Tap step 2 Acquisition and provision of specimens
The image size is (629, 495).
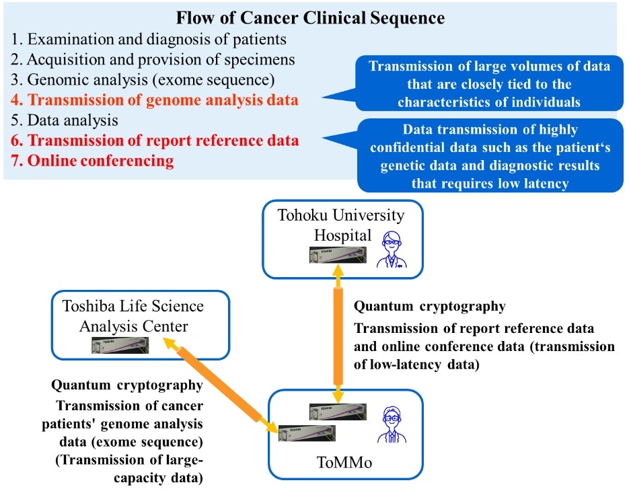[153, 59]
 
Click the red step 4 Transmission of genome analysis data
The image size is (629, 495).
[155, 101]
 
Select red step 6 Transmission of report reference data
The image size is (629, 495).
[155, 141]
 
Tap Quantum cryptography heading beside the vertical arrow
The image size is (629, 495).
[429, 307]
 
